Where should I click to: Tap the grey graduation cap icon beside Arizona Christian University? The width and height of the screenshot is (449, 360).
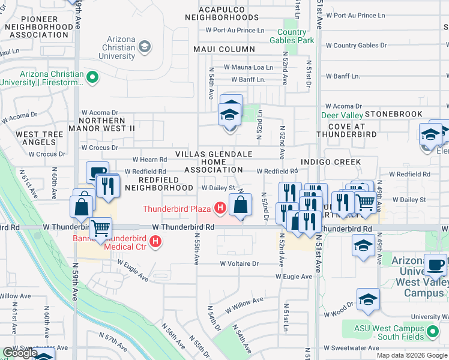pyautogui.click(x=145, y=46)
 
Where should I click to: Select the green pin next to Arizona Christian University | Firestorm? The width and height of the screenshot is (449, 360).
pyautogui.click(x=92, y=77)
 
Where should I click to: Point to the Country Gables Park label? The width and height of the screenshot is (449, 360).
pyautogui.click(x=296, y=36)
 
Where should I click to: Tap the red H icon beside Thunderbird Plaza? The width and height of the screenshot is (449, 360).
pyautogui.click(x=220, y=209)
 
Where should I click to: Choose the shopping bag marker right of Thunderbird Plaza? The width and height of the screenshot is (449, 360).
pyautogui.click(x=240, y=205)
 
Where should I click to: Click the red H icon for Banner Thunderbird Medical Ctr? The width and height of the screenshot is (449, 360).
pyautogui.click(x=156, y=242)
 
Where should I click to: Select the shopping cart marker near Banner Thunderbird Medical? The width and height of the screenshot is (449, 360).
pyautogui.click(x=101, y=228)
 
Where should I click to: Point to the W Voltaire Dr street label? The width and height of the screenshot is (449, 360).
pyautogui.click(x=239, y=263)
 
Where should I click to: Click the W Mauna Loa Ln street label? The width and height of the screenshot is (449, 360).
pyautogui.click(x=248, y=68)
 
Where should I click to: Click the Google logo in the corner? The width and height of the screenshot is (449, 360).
pyautogui.click(x=20, y=353)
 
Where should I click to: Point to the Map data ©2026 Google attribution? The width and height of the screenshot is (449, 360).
pyautogui.click(x=411, y=355)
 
